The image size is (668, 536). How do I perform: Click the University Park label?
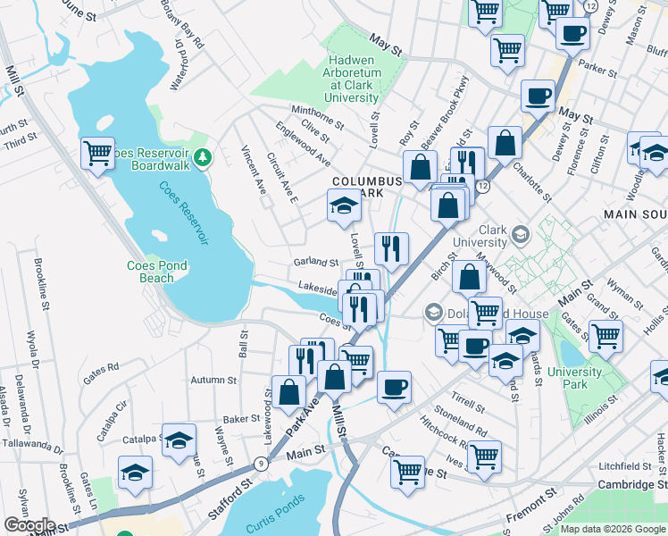569,378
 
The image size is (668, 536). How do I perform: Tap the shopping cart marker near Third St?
96,154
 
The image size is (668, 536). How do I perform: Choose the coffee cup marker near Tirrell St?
393,388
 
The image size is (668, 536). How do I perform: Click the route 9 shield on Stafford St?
259,464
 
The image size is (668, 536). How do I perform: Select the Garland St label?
316,263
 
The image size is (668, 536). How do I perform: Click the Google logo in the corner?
29,526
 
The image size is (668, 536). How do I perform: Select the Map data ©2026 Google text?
613,529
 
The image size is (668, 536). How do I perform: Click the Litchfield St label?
626,466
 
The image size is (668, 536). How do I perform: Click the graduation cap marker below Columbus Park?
341,206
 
